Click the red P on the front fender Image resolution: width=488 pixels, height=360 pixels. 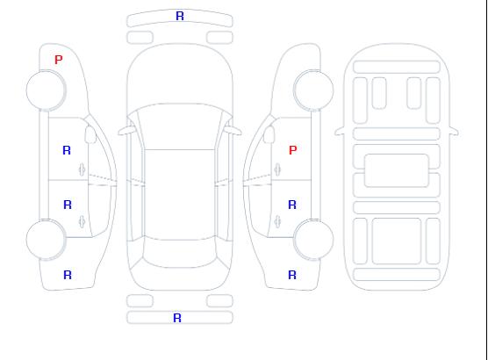(x=59, y=60)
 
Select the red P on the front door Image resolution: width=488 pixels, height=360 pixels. (x=293, y=150)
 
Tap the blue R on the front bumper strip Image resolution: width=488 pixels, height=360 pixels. (x=180, y=16)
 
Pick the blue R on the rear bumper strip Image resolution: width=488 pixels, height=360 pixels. (x=177, y=318)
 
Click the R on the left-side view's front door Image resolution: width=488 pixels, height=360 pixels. (x=67, y=150)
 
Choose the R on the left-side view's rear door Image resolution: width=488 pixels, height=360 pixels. (x=68, y=205)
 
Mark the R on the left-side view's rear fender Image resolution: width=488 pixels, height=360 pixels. (x=68, y=275)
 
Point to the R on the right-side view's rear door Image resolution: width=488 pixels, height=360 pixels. (x=292, y=205)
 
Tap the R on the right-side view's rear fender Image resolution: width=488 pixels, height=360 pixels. (x=292, y=275)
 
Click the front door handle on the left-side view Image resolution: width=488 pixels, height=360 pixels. (x=82, y=169)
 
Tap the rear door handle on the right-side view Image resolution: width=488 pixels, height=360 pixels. (x=277, y=221)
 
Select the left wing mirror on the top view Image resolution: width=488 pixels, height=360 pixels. (x=126, y=131)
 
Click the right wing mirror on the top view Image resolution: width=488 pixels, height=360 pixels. (x=233, y=131)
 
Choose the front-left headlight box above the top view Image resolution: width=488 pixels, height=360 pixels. (x=140, y=38)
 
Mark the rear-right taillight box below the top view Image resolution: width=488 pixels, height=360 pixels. (x=219, y=301)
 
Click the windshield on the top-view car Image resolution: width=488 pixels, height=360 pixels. (x=180, y=126)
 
